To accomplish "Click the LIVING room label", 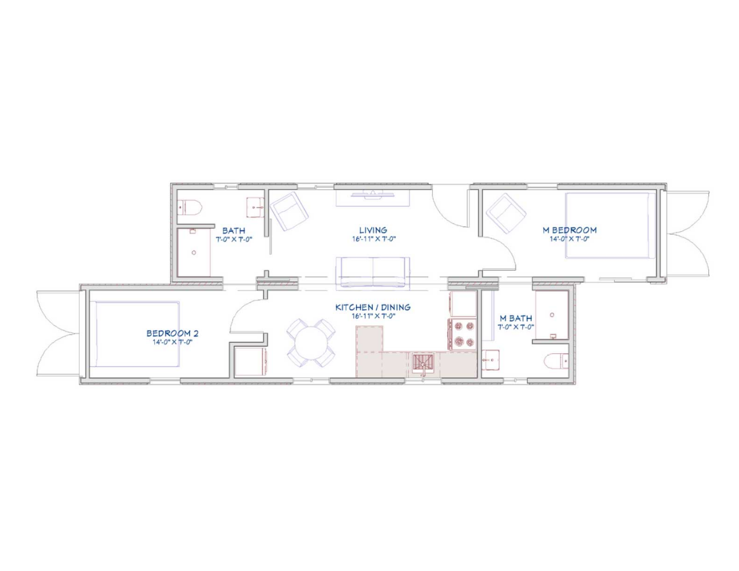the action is pos(373,230).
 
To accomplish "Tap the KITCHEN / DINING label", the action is pos(373,307).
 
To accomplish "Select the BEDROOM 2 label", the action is pos(172,333).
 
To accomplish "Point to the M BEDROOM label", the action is pos(569,230).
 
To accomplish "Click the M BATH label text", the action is pos(515,318).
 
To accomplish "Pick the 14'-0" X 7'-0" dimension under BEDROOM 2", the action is pos(172,342).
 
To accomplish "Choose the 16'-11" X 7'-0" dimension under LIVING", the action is pos(374,239).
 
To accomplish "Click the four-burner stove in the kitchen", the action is pos(463,334).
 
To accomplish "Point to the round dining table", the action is pos(311,343).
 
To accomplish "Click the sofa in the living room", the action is pos(373,272).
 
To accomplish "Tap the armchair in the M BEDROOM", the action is pos(506,213).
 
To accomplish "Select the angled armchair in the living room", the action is pos(289,211).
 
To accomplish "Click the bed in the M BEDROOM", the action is pos(610,225).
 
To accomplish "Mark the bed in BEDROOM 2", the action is pos(137,334).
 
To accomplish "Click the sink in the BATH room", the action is pos(255,207).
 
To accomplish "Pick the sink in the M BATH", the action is pos(491,360).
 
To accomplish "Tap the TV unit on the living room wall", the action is pos(373,198).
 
